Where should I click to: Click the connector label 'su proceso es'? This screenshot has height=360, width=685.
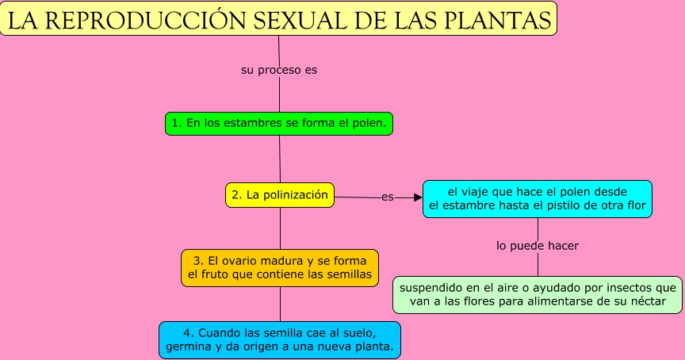279,70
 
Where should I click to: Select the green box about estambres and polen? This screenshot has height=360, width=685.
280,124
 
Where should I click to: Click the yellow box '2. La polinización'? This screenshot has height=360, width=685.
280,194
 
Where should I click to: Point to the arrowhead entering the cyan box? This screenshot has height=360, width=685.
418,197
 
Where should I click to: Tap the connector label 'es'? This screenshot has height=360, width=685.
387,197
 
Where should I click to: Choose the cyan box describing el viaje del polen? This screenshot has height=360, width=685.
538,199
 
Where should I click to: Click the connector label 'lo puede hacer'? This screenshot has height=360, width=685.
538,246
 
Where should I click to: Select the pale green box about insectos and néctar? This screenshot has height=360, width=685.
538,294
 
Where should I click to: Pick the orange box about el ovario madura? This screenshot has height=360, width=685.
280,268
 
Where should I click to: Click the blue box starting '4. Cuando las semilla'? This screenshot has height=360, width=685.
280,339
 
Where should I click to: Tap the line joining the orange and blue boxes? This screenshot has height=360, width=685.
280,304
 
